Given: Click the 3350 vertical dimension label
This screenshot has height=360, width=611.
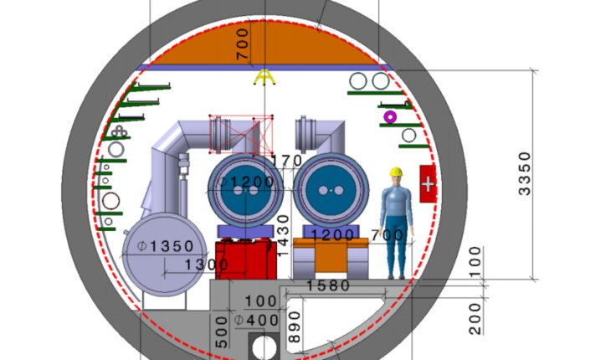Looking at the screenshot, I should [525, 173].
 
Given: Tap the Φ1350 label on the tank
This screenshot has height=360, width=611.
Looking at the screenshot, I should [164, 246].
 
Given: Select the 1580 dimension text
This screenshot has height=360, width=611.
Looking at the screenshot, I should [328, 286].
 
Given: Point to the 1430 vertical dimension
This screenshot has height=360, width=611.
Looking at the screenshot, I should [283, 235].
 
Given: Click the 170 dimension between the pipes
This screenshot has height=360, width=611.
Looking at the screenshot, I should [287, 160].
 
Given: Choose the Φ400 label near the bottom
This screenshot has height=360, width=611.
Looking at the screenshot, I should [257, 320].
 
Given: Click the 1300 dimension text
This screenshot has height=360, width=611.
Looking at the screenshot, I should [206, 265].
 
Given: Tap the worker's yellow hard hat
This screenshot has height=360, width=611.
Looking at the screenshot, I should [395, 172].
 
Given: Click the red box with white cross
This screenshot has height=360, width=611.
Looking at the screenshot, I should [428, 183].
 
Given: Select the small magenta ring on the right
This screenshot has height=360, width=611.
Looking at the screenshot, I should [389, 117].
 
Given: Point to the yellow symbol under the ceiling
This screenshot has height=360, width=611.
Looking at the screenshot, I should [264, 78].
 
